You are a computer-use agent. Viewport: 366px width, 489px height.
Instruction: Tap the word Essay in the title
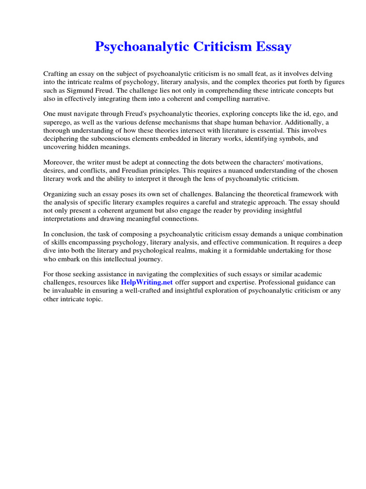pos(273,47)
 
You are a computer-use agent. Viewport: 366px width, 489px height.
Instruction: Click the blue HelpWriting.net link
pos(147,282)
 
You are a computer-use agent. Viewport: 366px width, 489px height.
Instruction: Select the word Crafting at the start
pos(56,74)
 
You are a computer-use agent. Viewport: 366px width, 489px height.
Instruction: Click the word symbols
pos(289,138)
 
